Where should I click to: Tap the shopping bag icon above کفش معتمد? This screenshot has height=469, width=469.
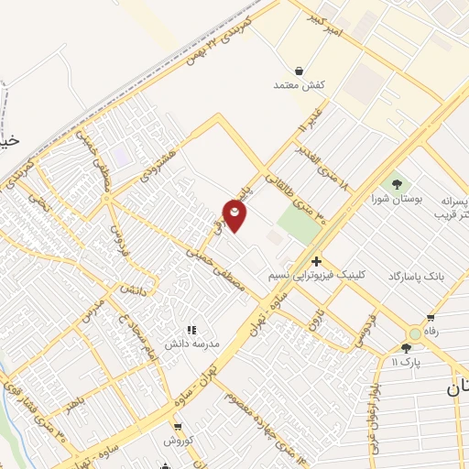pyautogui.click(x=300, y=70)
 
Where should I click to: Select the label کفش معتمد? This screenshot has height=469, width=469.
pyautogui.click(x=300, y=84)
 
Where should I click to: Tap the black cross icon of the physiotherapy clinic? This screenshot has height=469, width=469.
pyautogui.click(x=316, y=261)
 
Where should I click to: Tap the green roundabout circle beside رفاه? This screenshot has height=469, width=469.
pyautogui.click(x=415, y=334)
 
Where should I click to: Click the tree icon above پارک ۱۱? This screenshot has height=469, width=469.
pyautogui.click(x=406, y=347)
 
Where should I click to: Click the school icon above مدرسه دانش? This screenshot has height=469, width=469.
pyautogui.click(x=192, y=330)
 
